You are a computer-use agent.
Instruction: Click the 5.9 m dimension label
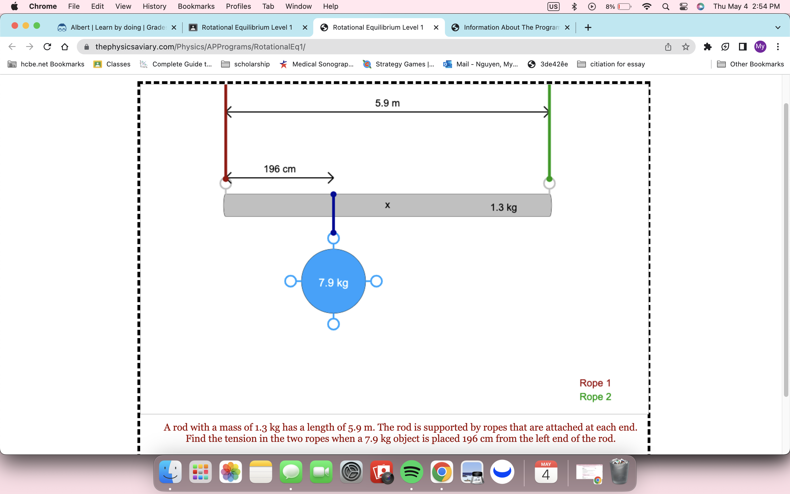click(387, 103)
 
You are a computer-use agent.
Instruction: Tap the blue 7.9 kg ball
click(333, 281)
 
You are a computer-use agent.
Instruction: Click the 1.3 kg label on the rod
click(503, 207)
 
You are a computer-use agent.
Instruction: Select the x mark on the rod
click(388, 205)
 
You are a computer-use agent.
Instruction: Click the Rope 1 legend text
click(595, 383)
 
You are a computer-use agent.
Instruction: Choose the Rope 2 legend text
click(595, 397)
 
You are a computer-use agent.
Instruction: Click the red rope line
click(225, 137)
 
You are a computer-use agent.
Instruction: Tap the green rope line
click(549, 137)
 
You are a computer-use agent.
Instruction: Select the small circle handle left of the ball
click(290, 281)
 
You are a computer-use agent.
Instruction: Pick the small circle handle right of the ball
click(376, 281)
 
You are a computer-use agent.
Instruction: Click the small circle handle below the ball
click(333, 324)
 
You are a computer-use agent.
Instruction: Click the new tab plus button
click(588, 27)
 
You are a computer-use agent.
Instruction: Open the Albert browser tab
click(117, 27)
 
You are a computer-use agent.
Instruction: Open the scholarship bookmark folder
click(246, 64)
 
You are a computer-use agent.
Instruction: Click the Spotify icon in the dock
click(411, 472)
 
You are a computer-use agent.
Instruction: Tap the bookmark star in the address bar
click(685, 47)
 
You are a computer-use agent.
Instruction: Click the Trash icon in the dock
click(619, 472)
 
